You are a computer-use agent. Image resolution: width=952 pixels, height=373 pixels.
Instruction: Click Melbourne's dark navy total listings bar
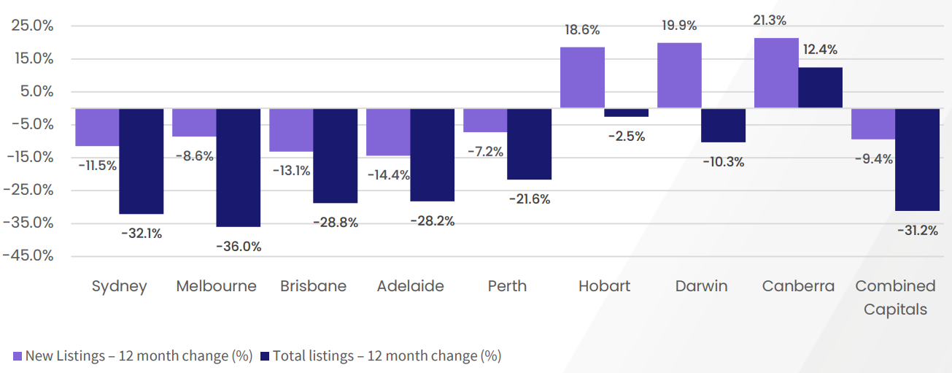tap(238, 167)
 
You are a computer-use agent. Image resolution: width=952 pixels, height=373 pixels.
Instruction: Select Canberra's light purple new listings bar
tap(775, 73)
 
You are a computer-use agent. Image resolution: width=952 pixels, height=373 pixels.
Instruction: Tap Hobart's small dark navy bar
tap(626, 112)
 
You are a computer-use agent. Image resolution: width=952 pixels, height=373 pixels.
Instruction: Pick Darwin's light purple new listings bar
tap(679, 75)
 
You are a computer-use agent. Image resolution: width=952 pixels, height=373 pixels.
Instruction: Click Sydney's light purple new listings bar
tap(97, 127)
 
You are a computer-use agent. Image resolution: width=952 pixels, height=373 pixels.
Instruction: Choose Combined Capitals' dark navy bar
tap(917, 159)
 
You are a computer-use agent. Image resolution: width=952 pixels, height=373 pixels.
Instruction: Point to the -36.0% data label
tap(239, 247)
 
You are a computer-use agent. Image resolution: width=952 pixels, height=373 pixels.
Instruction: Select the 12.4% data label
tap(819, 50)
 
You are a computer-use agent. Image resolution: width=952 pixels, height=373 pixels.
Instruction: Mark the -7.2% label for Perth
tap(485, 152)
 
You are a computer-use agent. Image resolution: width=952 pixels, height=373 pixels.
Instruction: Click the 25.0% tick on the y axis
tap(33, 26)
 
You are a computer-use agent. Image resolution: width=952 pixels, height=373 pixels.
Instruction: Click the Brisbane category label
tap(313, 286)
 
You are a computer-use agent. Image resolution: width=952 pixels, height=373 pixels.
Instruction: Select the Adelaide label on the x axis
tap(410, 286)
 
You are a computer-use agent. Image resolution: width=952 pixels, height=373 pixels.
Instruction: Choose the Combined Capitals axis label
tap(895, 297)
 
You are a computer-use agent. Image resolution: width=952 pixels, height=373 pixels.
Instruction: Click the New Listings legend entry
tap(133, 356)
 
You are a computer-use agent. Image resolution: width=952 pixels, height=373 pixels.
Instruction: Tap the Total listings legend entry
tap(381, 356)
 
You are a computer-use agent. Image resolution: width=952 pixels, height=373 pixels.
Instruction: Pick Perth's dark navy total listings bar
tap(529, 144)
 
